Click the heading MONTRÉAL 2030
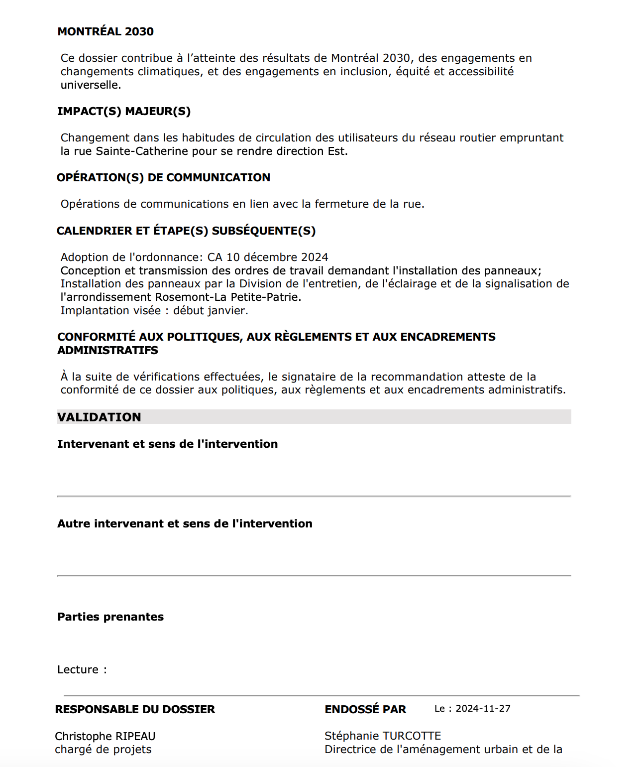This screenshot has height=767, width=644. pyautogui.click(x=106, y=31)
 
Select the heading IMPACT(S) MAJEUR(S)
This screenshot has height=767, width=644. pyautogui.click(x=124, y=111)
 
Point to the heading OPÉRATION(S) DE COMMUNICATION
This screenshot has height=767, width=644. pyautogui.click(x=163, y=177)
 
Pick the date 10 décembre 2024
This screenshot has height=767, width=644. pyautogui.click(x=277, y=257)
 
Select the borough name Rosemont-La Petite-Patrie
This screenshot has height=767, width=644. pyautogui.click(x=228, y=297)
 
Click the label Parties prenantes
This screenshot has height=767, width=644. pyautogui.click(x=110, y=617)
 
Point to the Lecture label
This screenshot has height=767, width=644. pyautogui.click(x=78, y=669)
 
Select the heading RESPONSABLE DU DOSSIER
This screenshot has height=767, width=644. pyautogui.click(x=135, y=709)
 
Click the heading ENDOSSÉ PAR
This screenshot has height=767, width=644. pyautogui.click(x=365, y=709)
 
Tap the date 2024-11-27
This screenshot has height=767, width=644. pyautogui.click(x=483, y=708)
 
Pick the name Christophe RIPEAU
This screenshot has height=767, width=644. pyautogui.click(x=105, y=736)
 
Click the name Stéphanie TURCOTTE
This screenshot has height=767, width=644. pyautogui.click(x=383, y=736)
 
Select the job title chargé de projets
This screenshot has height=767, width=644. pyautogui.click(x=103, y=749)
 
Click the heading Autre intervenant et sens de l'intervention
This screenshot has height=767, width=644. pyautogui.click(x=185, y=523)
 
